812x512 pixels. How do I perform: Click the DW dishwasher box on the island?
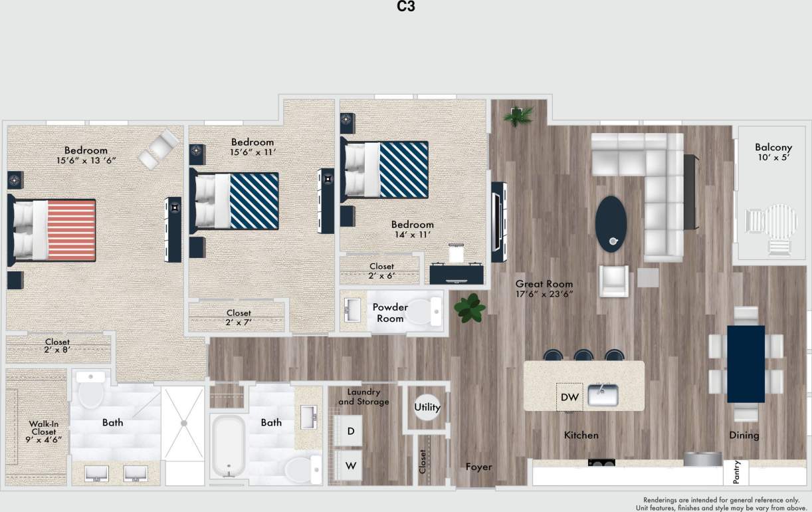(569, 398)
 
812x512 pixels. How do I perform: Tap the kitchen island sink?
(603, 395)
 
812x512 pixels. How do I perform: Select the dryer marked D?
(350, 432)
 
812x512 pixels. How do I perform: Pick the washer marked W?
(350, 466)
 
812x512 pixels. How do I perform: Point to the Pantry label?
(736, 472)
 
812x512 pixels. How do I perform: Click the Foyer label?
(478, 467)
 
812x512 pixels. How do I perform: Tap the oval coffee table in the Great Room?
(611, 223)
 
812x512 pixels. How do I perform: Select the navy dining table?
(746, 364)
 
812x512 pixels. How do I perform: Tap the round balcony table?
(782, 223)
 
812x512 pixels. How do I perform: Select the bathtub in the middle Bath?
(229, 445)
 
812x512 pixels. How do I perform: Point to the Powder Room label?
(390, 313)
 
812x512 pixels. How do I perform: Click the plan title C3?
(405, 7)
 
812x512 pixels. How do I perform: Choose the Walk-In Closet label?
(43, 432)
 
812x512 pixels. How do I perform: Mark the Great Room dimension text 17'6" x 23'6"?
(544, 289)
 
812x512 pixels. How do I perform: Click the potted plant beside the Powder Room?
(470, 309)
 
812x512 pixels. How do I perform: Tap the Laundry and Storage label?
(363, 396)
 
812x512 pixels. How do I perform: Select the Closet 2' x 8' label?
(57, 346)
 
